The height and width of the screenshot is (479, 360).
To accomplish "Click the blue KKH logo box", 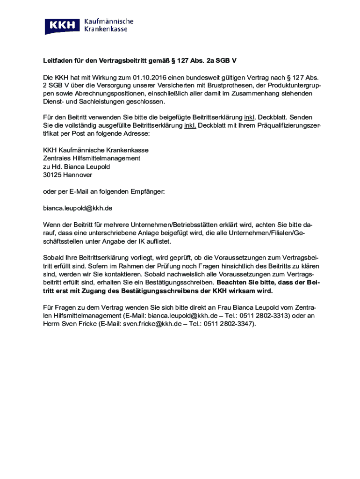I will click(x=63, y=26).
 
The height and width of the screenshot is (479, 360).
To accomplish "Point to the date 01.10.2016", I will click(x=148, y=77).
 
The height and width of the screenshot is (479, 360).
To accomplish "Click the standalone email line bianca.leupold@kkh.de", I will click(x=78, y=208).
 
